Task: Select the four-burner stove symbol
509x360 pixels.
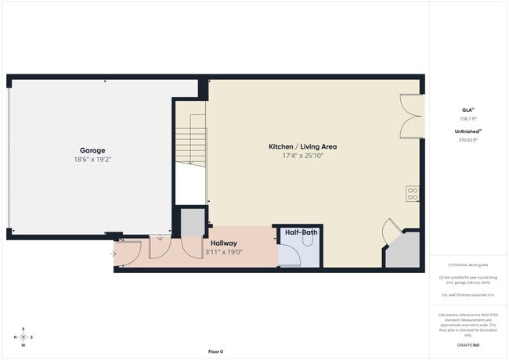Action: point(413,193)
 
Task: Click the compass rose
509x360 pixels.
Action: point(23,337)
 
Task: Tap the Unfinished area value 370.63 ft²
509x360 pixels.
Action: point(467,140)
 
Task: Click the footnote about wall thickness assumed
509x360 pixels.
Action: point(467,295)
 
